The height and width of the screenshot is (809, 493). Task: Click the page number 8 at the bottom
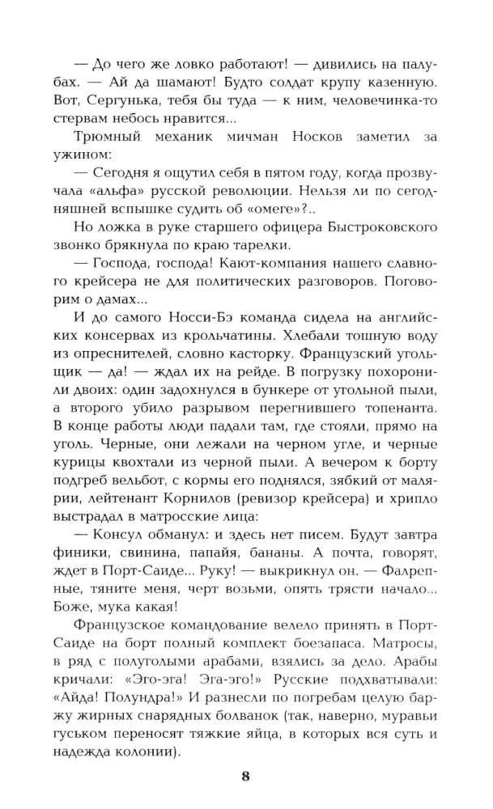coord(246,778)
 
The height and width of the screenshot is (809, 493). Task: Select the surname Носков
coord(318,139)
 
